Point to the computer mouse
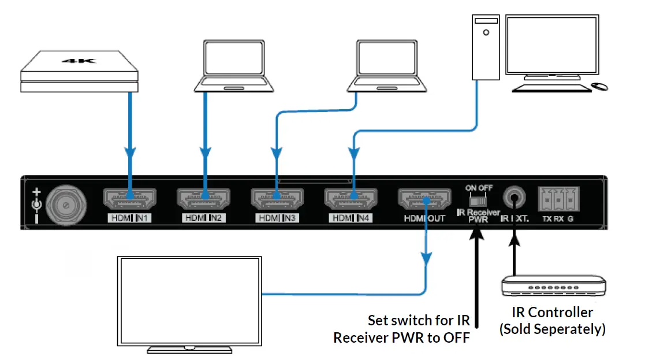[600, 87]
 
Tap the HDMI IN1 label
[129, 218]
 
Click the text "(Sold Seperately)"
[552, 329]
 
